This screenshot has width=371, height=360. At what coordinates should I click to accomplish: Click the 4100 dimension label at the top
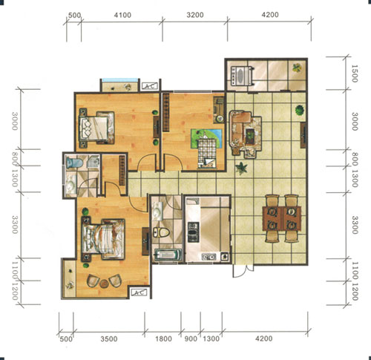tap(122, 15)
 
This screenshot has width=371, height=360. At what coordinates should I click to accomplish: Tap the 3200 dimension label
tap(195, 15)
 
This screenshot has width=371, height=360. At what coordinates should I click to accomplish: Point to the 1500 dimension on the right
tap(355, 73)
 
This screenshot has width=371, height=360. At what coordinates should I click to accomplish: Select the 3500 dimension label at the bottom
tap(109, 338)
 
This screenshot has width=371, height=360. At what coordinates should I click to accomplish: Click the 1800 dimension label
tap(163, 338)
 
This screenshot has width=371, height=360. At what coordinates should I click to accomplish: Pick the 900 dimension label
tap(191, 338)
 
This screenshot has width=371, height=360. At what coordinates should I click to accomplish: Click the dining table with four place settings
tap(282, 218)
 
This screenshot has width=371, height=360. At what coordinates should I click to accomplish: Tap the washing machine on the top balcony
tap(241, 75)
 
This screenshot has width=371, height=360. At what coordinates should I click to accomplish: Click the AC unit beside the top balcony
tap(150, 86)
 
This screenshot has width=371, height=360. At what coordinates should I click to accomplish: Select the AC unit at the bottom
tap(139, 292)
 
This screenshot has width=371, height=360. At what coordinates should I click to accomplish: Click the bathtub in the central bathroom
tap(167, 255)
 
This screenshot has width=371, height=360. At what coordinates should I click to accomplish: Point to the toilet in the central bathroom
tap(161, 232)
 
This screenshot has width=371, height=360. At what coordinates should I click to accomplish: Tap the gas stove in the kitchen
tap(194, 232)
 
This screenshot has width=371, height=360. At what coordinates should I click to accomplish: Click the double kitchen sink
tap(209, 257)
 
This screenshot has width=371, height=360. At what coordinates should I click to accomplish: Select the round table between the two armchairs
tap(104, 284)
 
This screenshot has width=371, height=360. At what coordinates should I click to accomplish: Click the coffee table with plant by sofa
tap(250, 135)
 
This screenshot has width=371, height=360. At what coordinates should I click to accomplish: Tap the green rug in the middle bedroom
tap(206, 139)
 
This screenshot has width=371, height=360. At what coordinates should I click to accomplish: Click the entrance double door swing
tap(243, 271)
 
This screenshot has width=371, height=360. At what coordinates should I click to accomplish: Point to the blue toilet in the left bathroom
tap(73, 163)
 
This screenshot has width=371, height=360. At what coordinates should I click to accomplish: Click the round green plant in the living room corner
tap(300, 110)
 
